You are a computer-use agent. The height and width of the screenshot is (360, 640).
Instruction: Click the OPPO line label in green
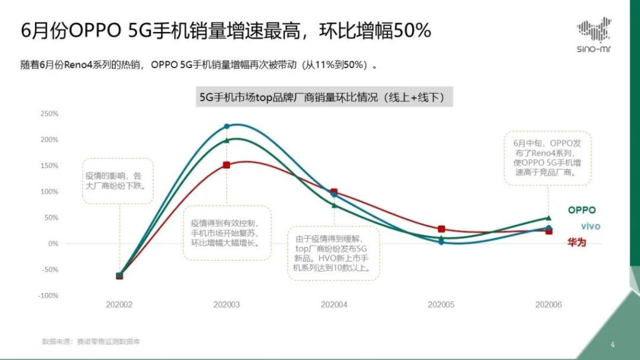(581, 211)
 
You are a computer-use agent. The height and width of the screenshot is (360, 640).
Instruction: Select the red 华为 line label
(577, 242)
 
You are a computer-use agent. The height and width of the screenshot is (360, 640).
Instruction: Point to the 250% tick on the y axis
(49, 114)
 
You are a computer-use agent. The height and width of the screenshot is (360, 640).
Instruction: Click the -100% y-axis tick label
(49, 295)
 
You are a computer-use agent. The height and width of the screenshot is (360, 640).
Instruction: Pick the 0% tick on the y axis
(53, 243)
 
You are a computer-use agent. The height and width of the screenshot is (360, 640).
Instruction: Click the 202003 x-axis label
(226, 304)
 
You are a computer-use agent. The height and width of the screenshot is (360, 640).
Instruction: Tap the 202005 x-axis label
(441, 304)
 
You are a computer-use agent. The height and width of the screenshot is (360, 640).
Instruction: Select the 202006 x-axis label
(549, 304)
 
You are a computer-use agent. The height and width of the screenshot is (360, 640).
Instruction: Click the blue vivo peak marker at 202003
(227, 126)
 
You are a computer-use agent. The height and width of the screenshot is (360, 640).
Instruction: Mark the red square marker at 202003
(227, 165)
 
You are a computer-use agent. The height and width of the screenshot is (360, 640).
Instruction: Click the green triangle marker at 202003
(227, 140)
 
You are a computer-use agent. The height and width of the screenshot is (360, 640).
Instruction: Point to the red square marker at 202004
(334, 192)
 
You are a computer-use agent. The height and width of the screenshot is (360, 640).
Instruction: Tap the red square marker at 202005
(441, 229)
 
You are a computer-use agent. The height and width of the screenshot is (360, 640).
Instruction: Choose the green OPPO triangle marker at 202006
(549, 217)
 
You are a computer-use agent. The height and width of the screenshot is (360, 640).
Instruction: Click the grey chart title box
(324, 97)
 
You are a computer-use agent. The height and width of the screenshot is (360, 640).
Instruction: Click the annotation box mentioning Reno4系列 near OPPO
(548, 157)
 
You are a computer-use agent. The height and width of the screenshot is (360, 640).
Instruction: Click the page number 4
(612, 344)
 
